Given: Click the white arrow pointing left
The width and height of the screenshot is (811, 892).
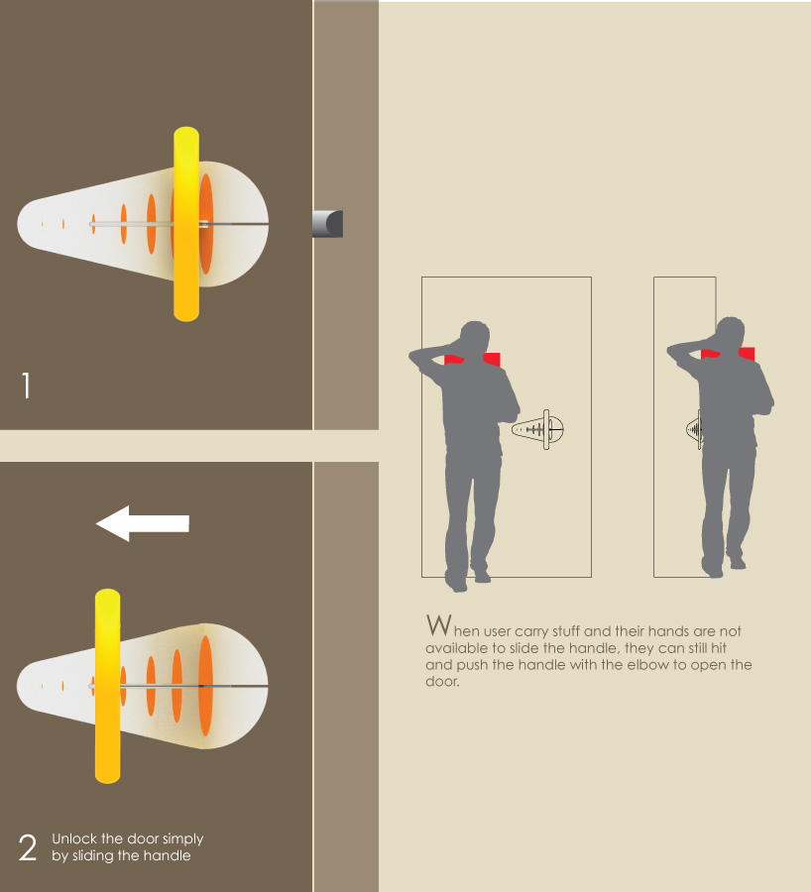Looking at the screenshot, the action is [x=143, y=523].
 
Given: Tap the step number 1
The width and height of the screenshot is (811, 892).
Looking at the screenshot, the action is [x=26, y=386].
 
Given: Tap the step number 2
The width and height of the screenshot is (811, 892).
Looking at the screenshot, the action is [x=28, y=847].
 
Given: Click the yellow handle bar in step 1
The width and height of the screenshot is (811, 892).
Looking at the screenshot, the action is [x=186, y=224].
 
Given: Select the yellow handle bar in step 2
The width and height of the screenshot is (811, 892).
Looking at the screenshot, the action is [x=107, y=686].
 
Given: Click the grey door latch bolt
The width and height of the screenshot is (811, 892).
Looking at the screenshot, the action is [x=327, y=224].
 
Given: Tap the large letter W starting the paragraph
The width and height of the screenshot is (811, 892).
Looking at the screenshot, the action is [x=439, y=624].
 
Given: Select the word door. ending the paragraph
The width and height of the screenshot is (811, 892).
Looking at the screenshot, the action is [x=442, y=681].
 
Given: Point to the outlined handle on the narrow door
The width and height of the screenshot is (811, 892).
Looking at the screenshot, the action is [x=695, y=429].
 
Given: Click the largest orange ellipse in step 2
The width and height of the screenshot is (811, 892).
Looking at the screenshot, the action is [x=205, y=686].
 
